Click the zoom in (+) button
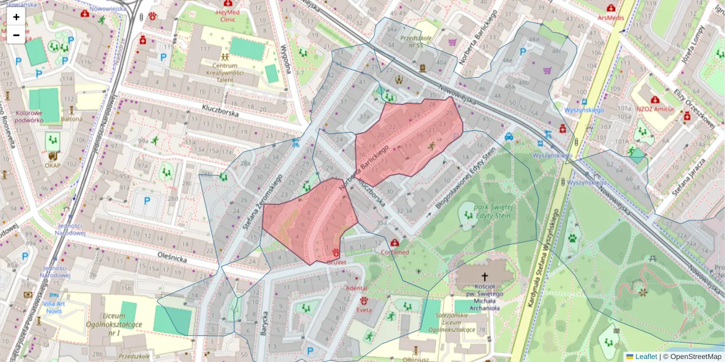[16, 17]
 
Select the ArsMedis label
[611, 18]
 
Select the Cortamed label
[395, 252]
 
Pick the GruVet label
[336, 263]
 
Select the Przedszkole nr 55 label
[411, 40]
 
